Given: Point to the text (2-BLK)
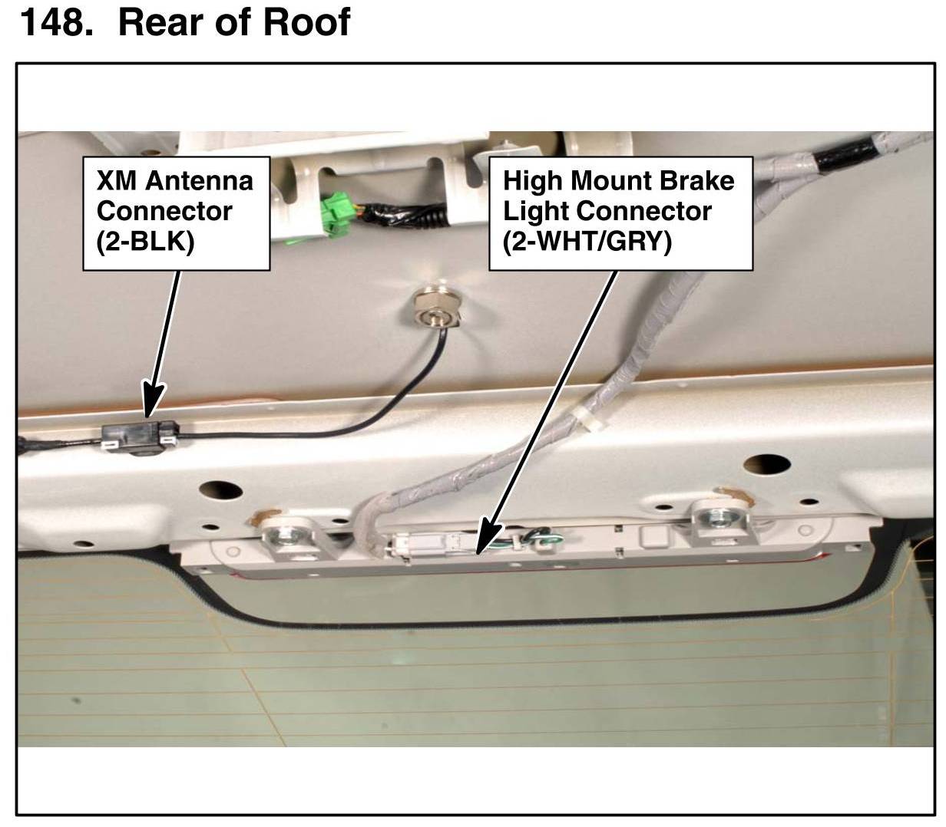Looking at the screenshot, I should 146,241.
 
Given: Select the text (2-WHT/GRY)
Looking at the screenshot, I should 587,241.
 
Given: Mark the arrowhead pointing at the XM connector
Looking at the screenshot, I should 151,404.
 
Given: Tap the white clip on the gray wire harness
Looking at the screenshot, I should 585,419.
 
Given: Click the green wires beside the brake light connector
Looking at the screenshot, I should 537,542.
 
